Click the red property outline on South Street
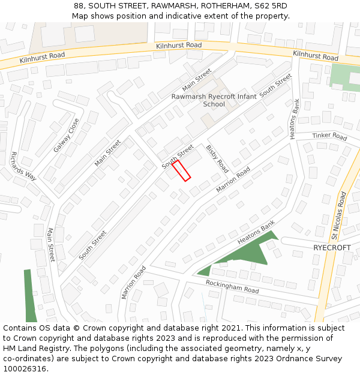click(x=181, y=171)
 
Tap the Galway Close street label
click(x=66, y=135)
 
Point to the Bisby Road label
click(x=217, y=158)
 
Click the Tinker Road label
click(x=329, y=136)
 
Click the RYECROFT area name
click(x=332, y=247)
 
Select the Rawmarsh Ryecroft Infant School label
click(x=214, y=100)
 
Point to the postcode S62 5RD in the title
click(x=271, y=6)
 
